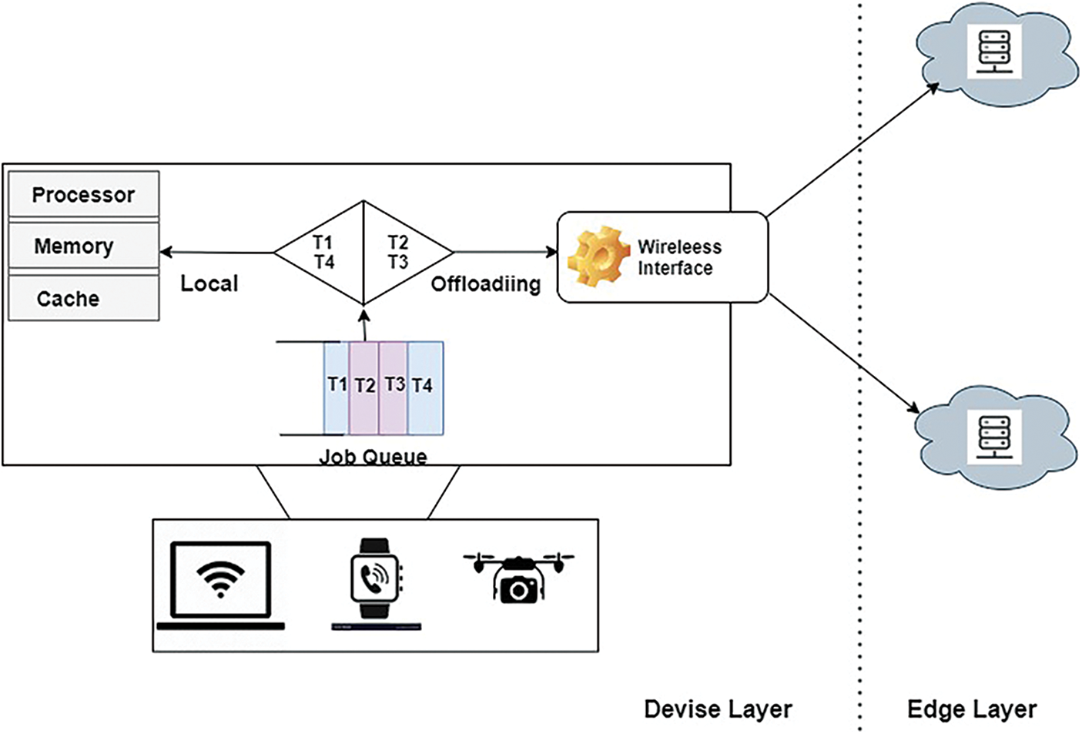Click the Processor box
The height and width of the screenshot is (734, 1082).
(83, 195)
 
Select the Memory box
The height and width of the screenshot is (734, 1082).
(83, 246)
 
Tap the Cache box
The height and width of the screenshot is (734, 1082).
(83, 298)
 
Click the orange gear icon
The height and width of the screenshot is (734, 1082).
(598, 256)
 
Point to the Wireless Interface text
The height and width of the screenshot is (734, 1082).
(678, 257)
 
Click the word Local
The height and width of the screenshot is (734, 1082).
(209, 283)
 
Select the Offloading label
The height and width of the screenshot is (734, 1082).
(485, 283)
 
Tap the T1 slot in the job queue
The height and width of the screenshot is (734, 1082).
(337, 387)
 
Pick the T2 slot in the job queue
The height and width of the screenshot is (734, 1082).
(364, 387)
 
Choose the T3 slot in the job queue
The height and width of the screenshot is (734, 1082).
(394, 387)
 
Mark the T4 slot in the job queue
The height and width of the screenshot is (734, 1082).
(424, 387)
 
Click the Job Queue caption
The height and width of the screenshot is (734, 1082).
(373, 456)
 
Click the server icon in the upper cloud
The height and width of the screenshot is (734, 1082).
(994, 51)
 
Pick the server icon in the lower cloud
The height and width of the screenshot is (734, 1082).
(994, 436)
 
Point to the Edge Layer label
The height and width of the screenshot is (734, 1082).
(971, 709)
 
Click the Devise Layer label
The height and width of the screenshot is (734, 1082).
(718, 709)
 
